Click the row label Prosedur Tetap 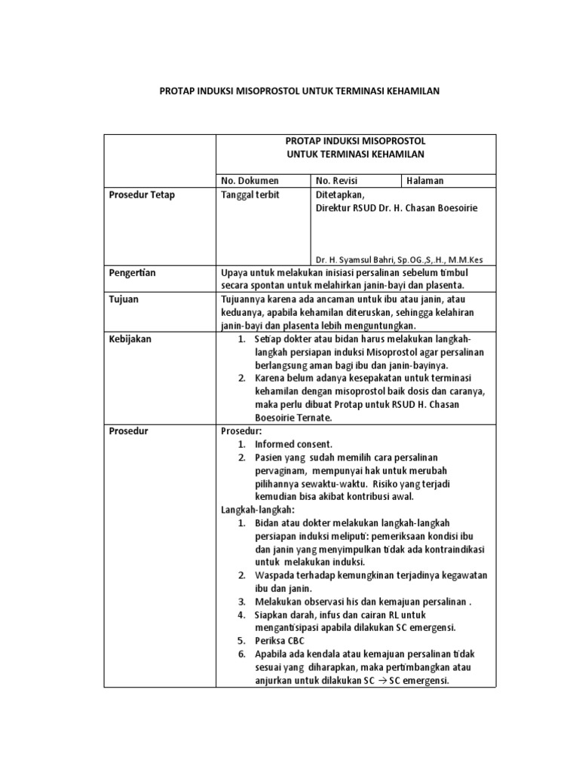pyautogui.click(x=142, y=195)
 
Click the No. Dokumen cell pyautogui.click(x=250, y=181)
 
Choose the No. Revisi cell pyautogui.click(x=337, y=181)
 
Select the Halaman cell pyautogui.click(x=425, y=181)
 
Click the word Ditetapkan pyautogui.click(x=339, y=195)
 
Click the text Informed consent pyautogui.click(x=293, y=445)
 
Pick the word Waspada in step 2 pyautogui.click(x=273, y=576)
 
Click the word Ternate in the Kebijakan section pyautogui.click(x=311, y=418)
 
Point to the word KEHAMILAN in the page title pyautogui.click(x=401, y=91)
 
